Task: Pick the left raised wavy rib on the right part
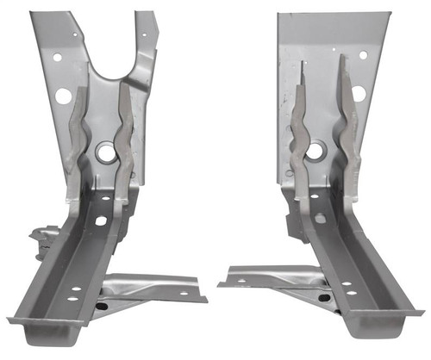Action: click(298, 129)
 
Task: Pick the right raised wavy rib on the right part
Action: click(349, 129)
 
